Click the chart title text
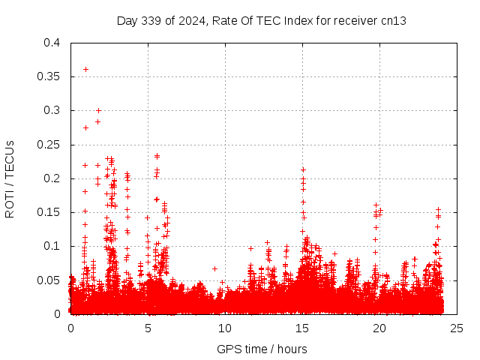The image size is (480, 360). tap(261, 21)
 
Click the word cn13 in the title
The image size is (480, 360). tap(394, 21)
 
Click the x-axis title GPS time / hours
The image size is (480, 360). tap(262, 349)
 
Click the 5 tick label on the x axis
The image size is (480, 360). tap(148, 328)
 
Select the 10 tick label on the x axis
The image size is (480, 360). tap(225, 328)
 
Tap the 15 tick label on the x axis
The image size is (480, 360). tap(302, 328)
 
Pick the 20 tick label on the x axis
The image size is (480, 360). tap(379, 328)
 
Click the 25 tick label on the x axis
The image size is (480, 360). tap(457, 328)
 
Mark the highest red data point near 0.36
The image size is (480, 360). tap(85, 69)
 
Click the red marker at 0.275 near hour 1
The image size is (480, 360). tap(85, 127)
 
